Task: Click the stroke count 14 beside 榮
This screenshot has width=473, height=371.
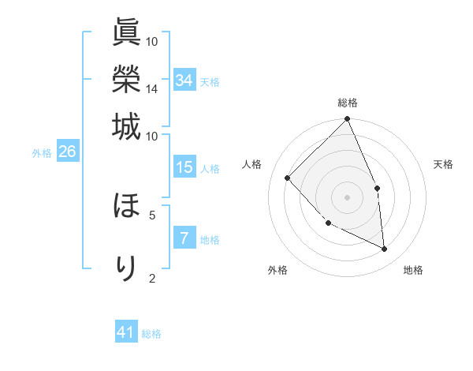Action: click(x=151, y=89)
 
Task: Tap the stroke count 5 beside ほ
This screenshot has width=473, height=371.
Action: click(x=152, y=213)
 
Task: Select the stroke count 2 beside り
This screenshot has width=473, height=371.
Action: click(x=152, y=277)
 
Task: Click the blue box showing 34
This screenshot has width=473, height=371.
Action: click(x=184, y=81)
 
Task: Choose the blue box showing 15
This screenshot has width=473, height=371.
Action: click(x=184, y=167)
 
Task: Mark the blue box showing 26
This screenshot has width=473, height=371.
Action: click(x=67, y=152)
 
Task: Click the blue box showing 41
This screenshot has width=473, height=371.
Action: click(x=126, y=332)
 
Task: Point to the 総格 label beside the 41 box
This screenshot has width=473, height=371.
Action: click(x=151, y=334)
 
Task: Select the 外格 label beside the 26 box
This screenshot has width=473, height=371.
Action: click(x=42, y=154)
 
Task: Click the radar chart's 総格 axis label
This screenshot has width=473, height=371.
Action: click(x=348, y=103)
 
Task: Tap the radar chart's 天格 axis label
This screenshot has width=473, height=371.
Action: click(x=443, y=164)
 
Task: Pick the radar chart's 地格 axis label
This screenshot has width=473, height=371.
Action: click(x=413, y=270)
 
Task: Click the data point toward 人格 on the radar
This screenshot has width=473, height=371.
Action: click(x=288, y=178)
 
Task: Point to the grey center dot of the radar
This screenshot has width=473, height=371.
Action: click(x=348, y=197)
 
